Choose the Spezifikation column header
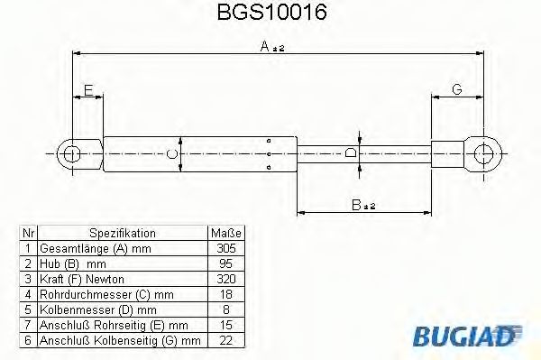(x=123, y=233)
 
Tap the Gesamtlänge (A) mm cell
(x=90, y=246)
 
